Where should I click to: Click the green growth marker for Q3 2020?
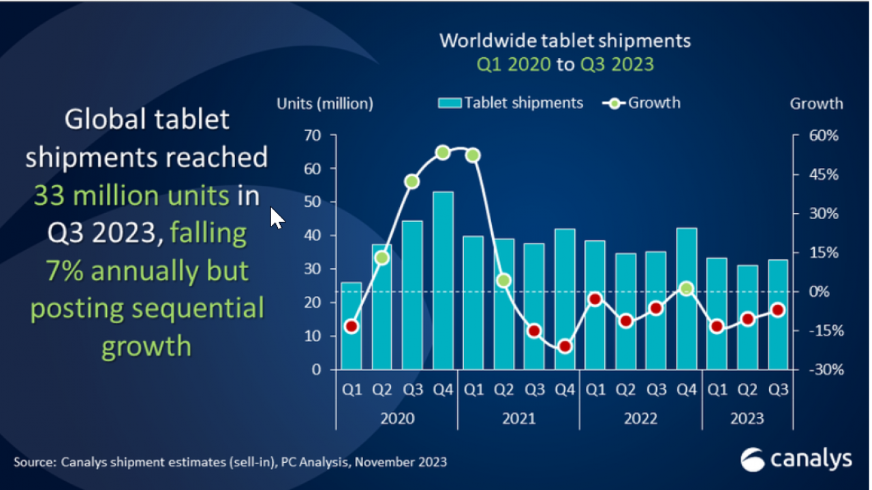411,182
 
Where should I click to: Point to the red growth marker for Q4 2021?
564,346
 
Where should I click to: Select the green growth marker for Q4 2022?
686,289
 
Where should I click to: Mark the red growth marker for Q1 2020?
351,327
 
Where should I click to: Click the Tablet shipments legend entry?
511,103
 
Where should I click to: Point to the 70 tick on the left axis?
312,135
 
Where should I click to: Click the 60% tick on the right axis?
824,135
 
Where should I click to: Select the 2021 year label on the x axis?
518,418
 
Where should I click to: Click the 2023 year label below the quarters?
747,418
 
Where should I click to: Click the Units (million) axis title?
324,104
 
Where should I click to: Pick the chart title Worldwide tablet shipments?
565,41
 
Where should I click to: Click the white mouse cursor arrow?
277,218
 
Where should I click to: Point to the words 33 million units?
131,196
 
